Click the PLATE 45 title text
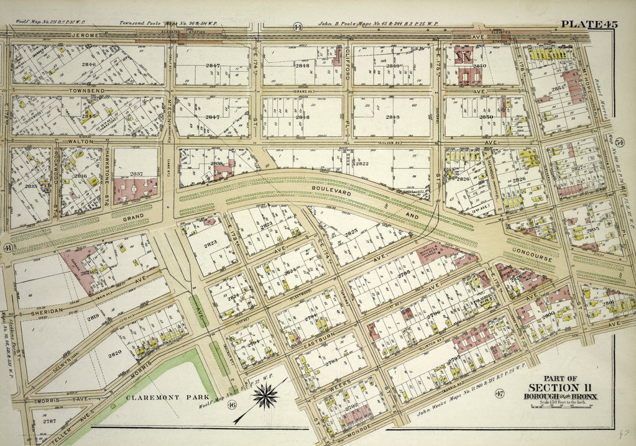coord(588,24)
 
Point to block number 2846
coord(90,64)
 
